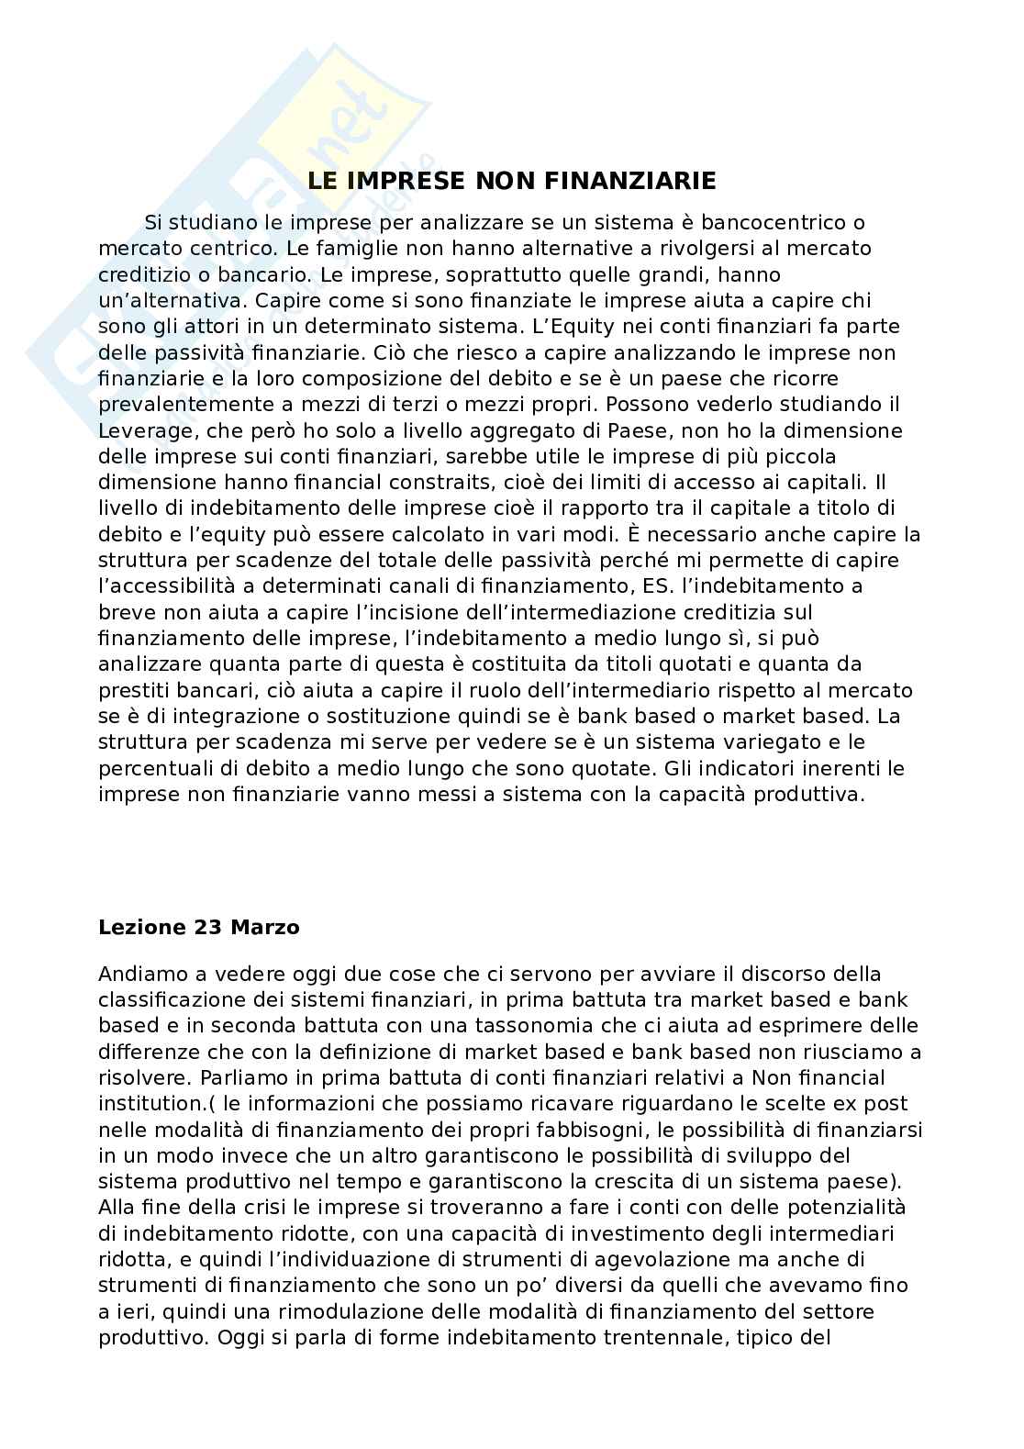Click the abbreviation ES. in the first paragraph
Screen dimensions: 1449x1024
(651, 585)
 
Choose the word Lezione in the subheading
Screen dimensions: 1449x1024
(141, 927)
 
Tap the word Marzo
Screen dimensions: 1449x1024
(265, 927)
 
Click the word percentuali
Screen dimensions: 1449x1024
(154, 767)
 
